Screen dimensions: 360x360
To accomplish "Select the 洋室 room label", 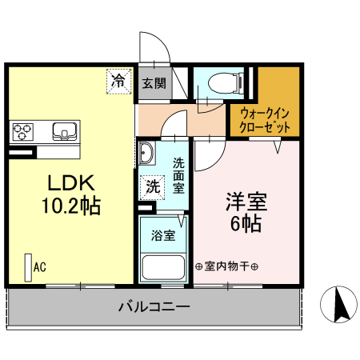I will [x=244, y=199].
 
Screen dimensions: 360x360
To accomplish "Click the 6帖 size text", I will [x=245, y=223].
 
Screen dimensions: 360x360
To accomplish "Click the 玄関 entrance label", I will [x=154, y=82].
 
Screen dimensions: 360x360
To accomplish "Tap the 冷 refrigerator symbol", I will [x=118, y=80].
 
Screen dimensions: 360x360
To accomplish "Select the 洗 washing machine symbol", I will [x=151, y=188].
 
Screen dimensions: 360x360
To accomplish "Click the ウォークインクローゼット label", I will [x=265, y=120].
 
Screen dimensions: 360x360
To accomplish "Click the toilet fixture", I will [x=221, y=84].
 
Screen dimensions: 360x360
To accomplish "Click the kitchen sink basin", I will [x=62, y=130].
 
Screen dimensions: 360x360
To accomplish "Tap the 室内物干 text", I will [x=226, y=266].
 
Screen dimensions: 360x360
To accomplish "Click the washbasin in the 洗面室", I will [x=146, y=153].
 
